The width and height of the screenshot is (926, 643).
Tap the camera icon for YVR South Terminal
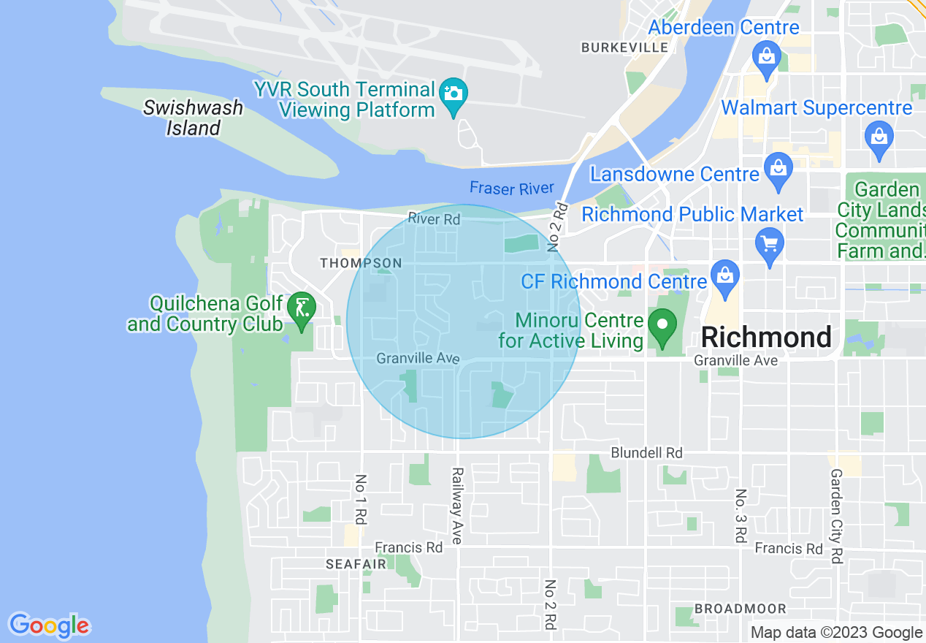(x=454, y=94)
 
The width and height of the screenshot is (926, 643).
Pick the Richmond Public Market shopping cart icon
(x=770, y=241)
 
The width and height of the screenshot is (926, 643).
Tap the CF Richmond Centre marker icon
(x=725, y=277)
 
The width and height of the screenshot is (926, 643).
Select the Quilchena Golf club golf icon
(x=301, y=308)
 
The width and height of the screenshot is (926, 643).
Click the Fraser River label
(x=511, y=189)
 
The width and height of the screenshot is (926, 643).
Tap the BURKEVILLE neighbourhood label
(x=624, y=47)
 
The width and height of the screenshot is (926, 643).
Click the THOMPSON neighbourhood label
(x=361, y=263)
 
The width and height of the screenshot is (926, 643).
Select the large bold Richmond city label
(x=766, y=338)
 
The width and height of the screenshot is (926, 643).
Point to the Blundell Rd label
(x=646, y=453)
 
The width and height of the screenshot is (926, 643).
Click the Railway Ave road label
(x=457, y=506)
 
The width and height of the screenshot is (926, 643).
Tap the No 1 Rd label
(x=360, y=500)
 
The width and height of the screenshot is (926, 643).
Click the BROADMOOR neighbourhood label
(x=740, y=609)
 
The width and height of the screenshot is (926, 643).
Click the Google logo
(x=50, y=625)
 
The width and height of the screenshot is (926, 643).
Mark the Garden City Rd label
(x=836, y=516)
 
